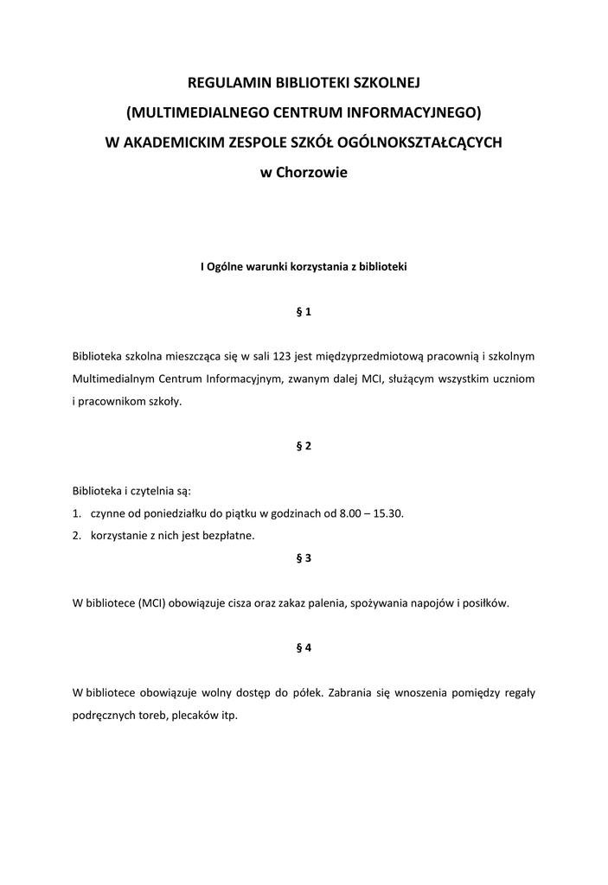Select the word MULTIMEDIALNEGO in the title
[204, 112]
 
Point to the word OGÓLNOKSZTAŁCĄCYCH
[428, 142]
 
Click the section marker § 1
[304, 313]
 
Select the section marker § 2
[304, 446]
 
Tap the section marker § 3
[304, 558]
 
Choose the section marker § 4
[304, 647]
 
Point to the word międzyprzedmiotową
[374, 356]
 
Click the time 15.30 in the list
[387, 513]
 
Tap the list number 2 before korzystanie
[77, 536]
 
